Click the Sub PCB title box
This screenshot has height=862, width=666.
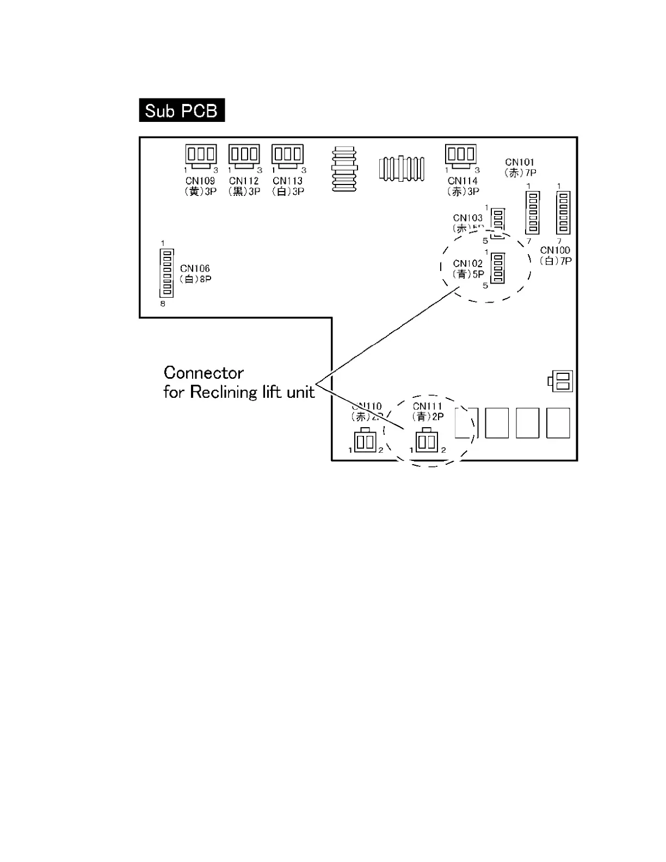tap(182, 110)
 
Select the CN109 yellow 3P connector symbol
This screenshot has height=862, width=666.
tap(201, 155)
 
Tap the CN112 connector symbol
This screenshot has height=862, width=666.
tap(244, 155)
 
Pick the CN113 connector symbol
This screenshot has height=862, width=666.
tap(287, 155)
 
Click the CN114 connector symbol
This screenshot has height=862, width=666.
tap(460, 155)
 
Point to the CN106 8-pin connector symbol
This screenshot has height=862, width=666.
tap(167, 273)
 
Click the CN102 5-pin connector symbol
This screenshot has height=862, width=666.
tap(497, 268)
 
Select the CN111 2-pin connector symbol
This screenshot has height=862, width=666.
tap(427, 441)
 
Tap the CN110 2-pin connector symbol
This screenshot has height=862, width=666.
tap(365, 441)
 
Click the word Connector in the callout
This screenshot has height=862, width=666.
tap(203, 373)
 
